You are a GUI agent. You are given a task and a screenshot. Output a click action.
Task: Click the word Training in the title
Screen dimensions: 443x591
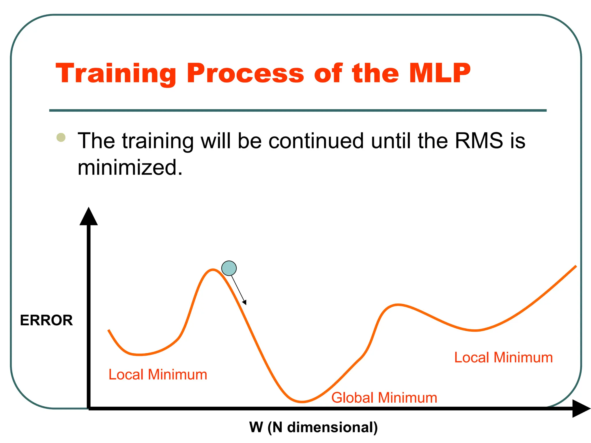click(x=116, y=74)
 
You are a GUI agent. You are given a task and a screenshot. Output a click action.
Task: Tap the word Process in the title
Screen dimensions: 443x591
click(x=245, y=74)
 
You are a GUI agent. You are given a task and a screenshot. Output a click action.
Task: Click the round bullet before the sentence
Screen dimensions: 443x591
click(x=61, y=137)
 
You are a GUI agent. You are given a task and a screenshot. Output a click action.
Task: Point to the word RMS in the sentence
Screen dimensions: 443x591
click(x=479, y=141)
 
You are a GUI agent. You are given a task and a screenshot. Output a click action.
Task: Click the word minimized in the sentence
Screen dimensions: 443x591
click(x=130, y=168)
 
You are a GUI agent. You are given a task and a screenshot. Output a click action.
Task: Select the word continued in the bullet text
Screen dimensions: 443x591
click(x=316, y=141)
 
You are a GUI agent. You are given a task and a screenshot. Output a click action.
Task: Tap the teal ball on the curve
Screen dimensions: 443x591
click(x=229, y=268)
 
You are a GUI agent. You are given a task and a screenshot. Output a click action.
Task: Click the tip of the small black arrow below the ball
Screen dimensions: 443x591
click(x=246, y=304)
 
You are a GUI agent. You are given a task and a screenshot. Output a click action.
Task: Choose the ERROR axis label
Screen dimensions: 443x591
click(x=46, y=320)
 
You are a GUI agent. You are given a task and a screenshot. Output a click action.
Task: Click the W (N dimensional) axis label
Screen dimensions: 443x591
click(x=313, y=427)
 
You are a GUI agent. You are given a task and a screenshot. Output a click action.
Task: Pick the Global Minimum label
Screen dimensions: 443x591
click(x=384, y=398)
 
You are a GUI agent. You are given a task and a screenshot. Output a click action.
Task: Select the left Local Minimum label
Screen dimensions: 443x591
click(x=158, y=375)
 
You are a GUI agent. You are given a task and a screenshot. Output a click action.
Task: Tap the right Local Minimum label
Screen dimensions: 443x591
click(x=503, y=358)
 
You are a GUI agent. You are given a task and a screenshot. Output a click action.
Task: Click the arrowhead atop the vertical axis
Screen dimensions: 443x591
click(x=89, y=216)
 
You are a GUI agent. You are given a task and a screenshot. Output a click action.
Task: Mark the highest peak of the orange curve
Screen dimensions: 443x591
click(x=213, y=270)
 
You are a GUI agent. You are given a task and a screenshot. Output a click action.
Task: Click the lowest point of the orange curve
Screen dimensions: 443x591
click(x=302, y=402)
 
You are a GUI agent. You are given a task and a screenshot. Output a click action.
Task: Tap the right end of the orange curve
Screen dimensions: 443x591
click(x=576, y=266)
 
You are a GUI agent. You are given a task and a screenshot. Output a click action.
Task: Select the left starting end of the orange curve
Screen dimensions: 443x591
click(x=109, y=330)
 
